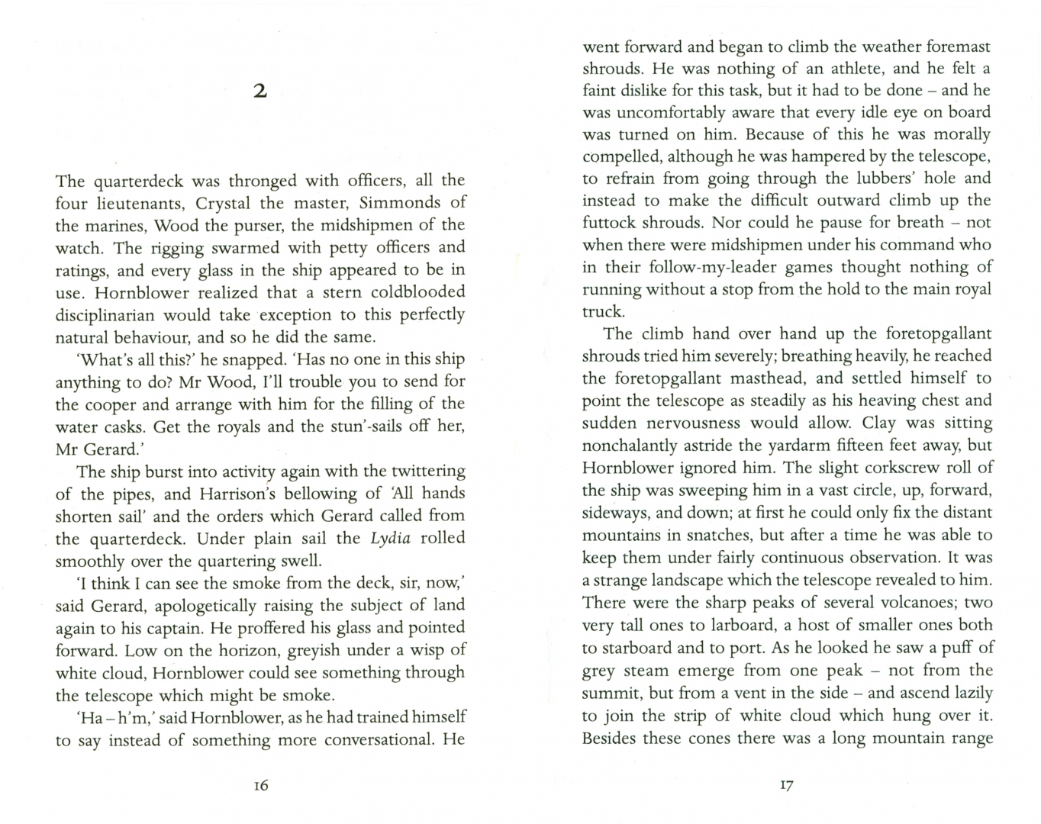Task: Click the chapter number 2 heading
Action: [x=260, y=92]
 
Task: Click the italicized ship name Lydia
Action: [x=391, y=538]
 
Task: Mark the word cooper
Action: [x=112, y=404]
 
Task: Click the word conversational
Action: [x=373, y=740]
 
